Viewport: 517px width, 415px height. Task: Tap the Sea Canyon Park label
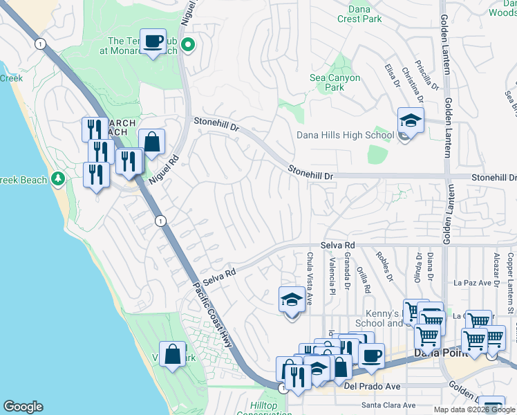pos(335,83)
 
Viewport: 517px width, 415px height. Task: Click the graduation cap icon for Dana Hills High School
pos(410,121)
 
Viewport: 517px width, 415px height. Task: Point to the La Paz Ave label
pos(476,283)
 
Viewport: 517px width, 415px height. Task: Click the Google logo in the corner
pos(23,407)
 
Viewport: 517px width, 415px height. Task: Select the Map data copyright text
pos(474,409)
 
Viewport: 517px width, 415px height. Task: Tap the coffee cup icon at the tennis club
pos(152,41)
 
